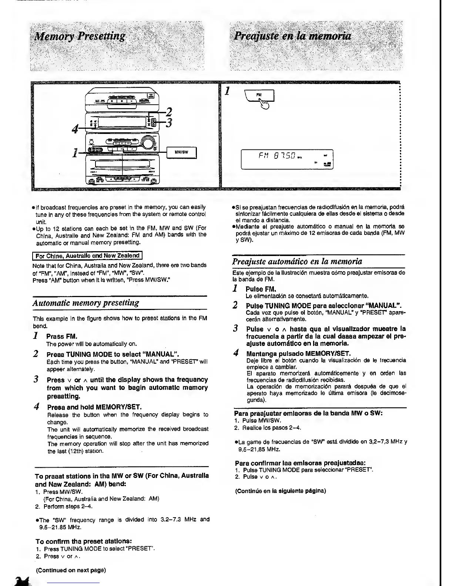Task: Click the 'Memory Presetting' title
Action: coord(79,36)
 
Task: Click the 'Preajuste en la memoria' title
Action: coord(292,36)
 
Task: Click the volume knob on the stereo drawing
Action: coord(147,142)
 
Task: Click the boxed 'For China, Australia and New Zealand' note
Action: coord(87,255)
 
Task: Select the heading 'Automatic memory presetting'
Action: coord(86,303)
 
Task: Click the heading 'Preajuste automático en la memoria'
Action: coord(297,261)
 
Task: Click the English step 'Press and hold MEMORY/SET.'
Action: coord(94,407)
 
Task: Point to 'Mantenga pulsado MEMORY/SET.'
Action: coord(298,353)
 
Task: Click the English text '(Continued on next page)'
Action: coord(71,570)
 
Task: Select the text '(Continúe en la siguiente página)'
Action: coord(281,491)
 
